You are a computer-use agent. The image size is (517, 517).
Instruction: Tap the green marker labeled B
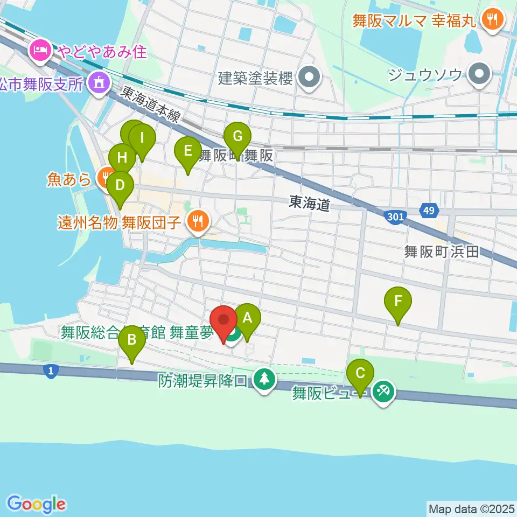tap(132, 340)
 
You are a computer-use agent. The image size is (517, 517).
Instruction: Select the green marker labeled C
tap(360, 373)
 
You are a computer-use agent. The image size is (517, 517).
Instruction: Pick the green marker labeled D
tap(120, 186)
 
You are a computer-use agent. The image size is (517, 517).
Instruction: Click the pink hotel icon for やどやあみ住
tap(41, 51)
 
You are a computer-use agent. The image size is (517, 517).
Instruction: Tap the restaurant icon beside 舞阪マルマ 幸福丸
tap(492, 20)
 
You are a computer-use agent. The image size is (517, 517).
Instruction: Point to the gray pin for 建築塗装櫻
tap(309, 78)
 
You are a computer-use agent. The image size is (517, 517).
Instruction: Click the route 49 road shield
tap(428, 211)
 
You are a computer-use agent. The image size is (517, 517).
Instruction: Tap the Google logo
tap(36, 505)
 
